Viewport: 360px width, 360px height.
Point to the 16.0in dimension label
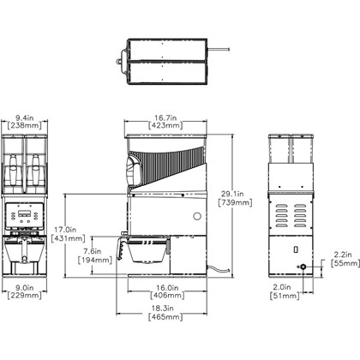[167, 287]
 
